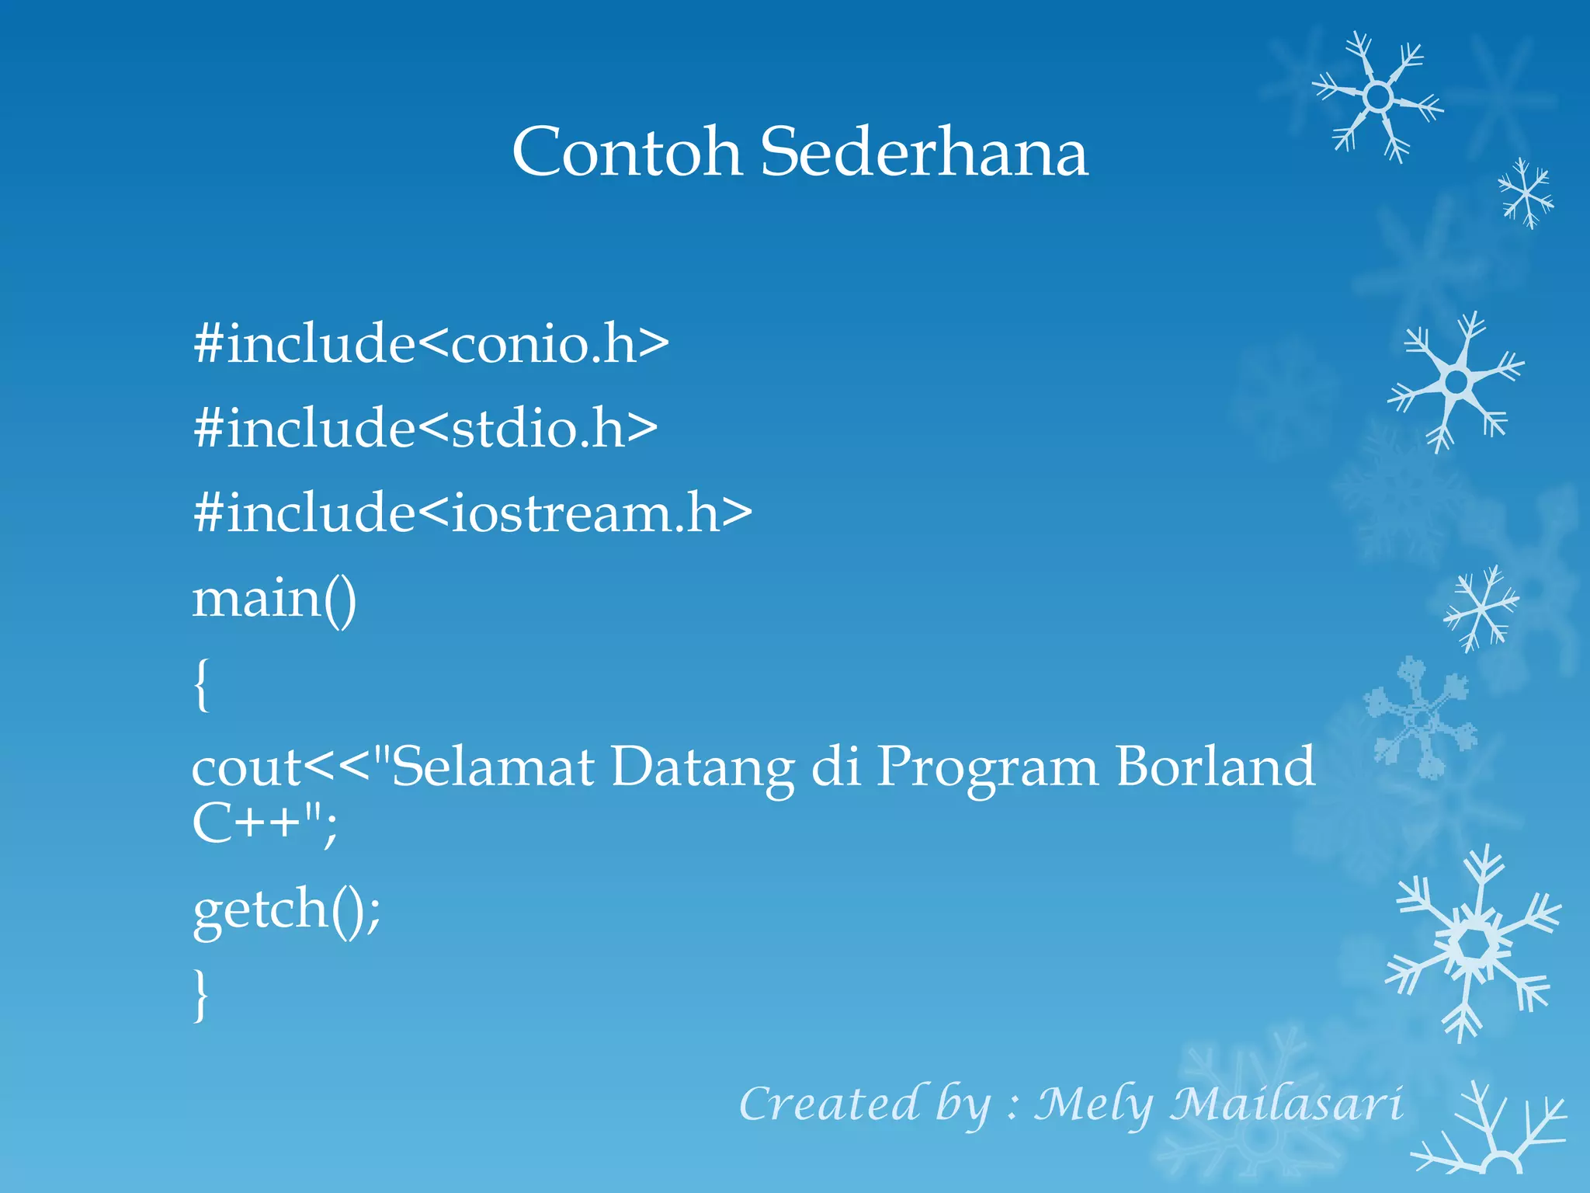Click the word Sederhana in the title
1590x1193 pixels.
pyautogui.click(x=924, y=151)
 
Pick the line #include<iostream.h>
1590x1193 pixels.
pyautogui.click(x=472, y=513)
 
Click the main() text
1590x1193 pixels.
pyautogui.click(x=274, y=599)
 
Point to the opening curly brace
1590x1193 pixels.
pyautogui.click(x=201, y=683)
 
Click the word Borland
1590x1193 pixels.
pyautogui.click(x=1215, y=767)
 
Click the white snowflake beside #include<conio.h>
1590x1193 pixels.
pyautogui.click(x=1456, y=382)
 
